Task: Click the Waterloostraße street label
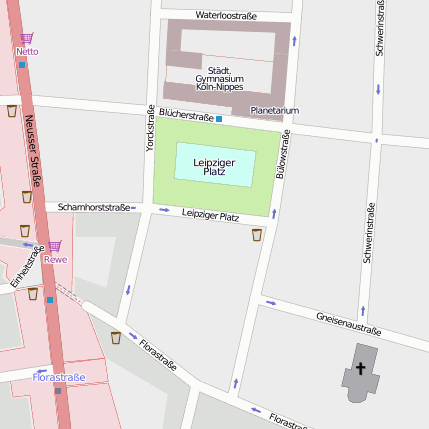[226, 15]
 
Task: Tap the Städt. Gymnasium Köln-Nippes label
[219, 77]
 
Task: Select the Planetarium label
[275, 109]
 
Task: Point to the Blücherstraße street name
[185, 116]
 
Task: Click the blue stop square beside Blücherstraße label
[219, 119]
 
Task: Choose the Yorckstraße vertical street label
[151, 128]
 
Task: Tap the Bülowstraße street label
[283, 155]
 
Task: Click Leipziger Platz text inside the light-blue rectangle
[214, 166]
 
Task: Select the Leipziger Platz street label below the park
[210, 215]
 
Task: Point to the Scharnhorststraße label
[94, 207]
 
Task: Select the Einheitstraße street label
[27, 267]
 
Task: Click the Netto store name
[27, 51]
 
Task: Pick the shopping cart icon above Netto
[26, 39]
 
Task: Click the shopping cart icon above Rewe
[55, 246]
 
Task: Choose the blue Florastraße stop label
[59, 377]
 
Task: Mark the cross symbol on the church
[361, 368]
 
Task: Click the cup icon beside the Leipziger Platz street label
[257, 235]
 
